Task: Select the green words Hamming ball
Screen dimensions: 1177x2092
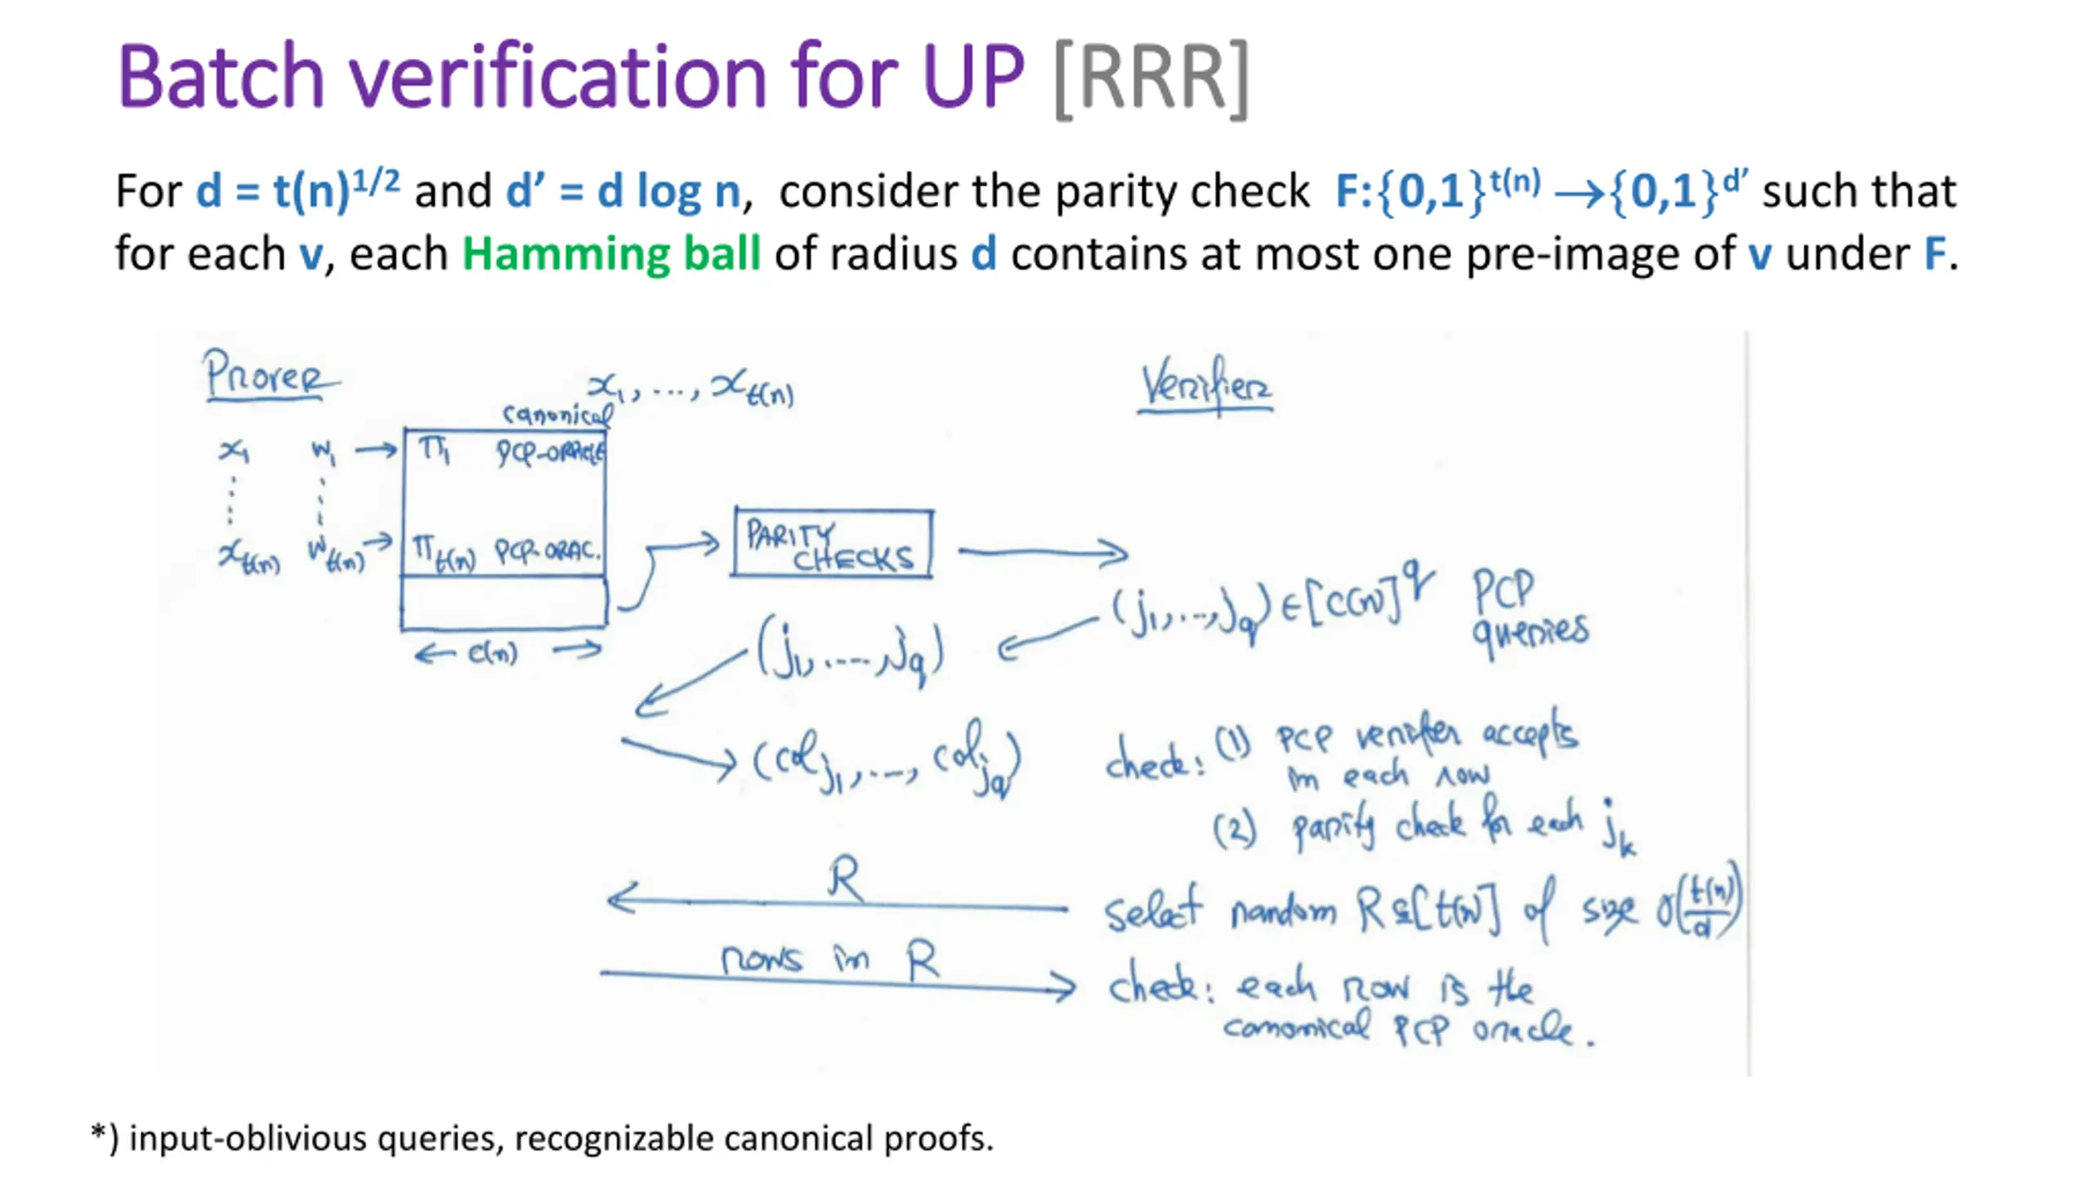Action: [x=611, y=253]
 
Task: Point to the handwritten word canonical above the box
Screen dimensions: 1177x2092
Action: [x=557, y=414]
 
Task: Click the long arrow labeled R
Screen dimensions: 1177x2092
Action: [x=838, y=902]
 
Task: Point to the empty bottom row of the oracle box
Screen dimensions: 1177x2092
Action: [x=503, y=603]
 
